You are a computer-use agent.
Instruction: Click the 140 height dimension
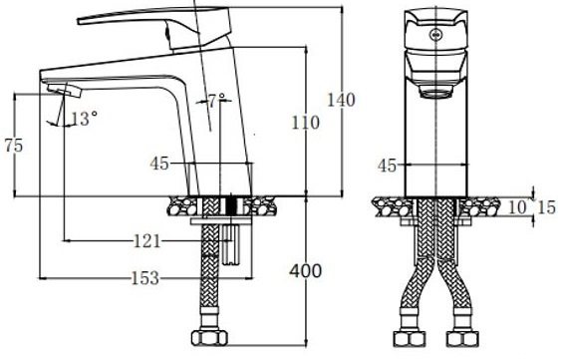[341, 100]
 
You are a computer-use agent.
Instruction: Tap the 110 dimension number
[305, 123]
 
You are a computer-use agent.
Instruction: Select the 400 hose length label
[306, 271]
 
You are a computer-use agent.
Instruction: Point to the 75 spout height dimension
[14, 146]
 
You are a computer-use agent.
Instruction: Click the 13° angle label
[84, 119]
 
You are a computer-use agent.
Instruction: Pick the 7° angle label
[217, 101]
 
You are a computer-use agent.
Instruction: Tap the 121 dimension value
[146, 241]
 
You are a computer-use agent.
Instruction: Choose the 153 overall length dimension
[145, 278]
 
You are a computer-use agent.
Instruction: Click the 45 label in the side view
[159, 164]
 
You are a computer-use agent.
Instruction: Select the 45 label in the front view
[387, 166]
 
